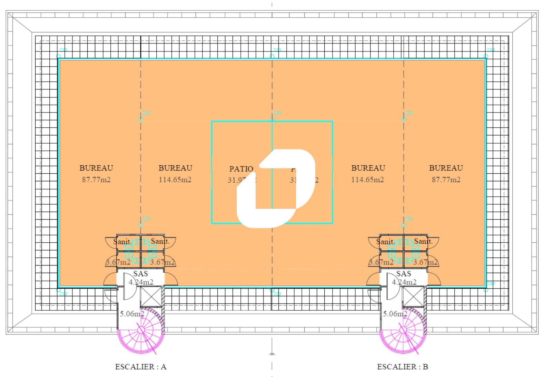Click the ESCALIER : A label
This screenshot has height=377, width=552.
click(140, 367)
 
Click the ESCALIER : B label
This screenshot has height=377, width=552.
click(402, 367)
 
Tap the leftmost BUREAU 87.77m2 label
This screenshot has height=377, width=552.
click(96, 174)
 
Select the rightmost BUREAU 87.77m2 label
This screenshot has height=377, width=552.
click(446, 174)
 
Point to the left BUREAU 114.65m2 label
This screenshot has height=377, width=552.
click(175, 174)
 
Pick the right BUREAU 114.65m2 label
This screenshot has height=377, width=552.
click(368, 174)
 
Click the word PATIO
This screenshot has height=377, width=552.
click(241, 169)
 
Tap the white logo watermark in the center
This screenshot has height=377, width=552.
click(276, 188)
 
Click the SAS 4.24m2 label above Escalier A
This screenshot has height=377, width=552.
click(141, 278)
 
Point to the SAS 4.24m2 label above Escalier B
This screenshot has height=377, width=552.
click(404, 278)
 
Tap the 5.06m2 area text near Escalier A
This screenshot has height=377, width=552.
click(132, 314)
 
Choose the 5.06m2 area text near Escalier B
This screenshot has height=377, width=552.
click(395, 314)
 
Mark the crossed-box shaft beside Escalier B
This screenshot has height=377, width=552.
click(414, 297)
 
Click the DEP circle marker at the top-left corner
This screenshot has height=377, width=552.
click(58, 56)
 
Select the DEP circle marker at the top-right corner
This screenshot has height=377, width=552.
click(486, 56)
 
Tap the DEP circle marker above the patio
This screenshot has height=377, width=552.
click(272, 119)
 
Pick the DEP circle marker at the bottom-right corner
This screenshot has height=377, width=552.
click(486, 290)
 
